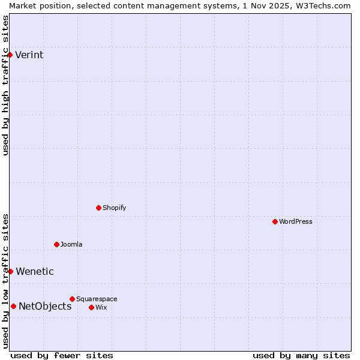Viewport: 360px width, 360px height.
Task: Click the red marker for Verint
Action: (10, 55)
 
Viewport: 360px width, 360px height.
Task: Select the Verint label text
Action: (29, 55)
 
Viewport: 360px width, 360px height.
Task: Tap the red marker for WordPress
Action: (275, 221)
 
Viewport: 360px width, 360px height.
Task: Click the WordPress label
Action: (295, 221)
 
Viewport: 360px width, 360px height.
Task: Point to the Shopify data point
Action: (98, 208)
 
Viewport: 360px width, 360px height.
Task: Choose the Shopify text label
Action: (114, 208)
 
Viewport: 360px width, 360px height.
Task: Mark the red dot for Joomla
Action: (56, 244)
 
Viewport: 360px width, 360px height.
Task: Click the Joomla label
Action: (71, 244)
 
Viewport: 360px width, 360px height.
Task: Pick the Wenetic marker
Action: (10, 271)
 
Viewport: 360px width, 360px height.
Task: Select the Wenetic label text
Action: (34, 271)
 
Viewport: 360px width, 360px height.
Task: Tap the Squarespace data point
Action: (72, 299)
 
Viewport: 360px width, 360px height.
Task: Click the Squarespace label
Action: (97, 299)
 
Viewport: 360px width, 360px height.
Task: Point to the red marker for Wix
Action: (91, 307)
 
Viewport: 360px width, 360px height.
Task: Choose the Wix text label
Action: (101, 307)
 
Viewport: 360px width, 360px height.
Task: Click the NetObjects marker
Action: (13, 306)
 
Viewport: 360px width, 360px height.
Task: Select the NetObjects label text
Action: (45, 306)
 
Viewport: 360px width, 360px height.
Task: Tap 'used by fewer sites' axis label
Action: (62, 355)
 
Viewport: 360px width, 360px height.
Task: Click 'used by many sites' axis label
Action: (301, 355)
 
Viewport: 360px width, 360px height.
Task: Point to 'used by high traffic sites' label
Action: (5, 85)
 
